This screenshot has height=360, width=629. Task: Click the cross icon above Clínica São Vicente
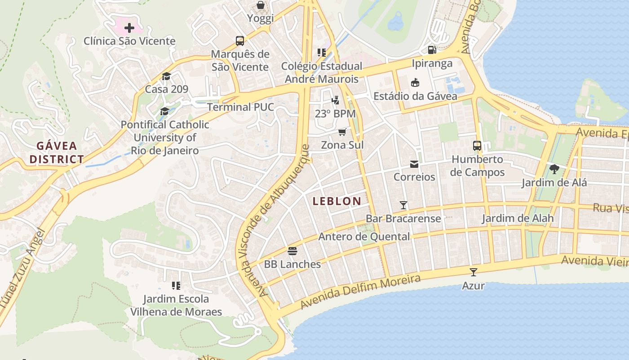(x=129, y=28)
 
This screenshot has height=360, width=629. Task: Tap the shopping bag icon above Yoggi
(x=261, y=5)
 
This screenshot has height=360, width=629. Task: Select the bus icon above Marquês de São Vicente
(x=240, y=41)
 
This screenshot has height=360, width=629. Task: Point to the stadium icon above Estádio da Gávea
(x=415, y=82)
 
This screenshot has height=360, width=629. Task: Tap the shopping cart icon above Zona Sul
(x=342, y=131)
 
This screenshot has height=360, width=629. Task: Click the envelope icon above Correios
(x=414, y=164)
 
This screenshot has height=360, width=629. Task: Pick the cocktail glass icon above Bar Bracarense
(x=403, y=205)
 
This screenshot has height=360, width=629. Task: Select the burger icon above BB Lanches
(x=292, y=251)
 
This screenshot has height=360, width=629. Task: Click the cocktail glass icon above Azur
(x=473, y=272)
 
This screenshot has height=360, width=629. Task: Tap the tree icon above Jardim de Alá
(x=554, y=169)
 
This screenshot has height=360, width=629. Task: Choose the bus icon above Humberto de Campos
(x=477, y=146)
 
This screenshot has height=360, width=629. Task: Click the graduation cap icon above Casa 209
(x=166, y=76)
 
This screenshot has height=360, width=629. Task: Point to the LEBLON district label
(x=337, y=201)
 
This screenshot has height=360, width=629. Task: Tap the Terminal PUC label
(x=240, y=107)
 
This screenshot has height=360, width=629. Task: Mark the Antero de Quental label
(x=364, y=237)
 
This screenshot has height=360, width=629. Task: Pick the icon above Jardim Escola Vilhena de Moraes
(x=176, y=286)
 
